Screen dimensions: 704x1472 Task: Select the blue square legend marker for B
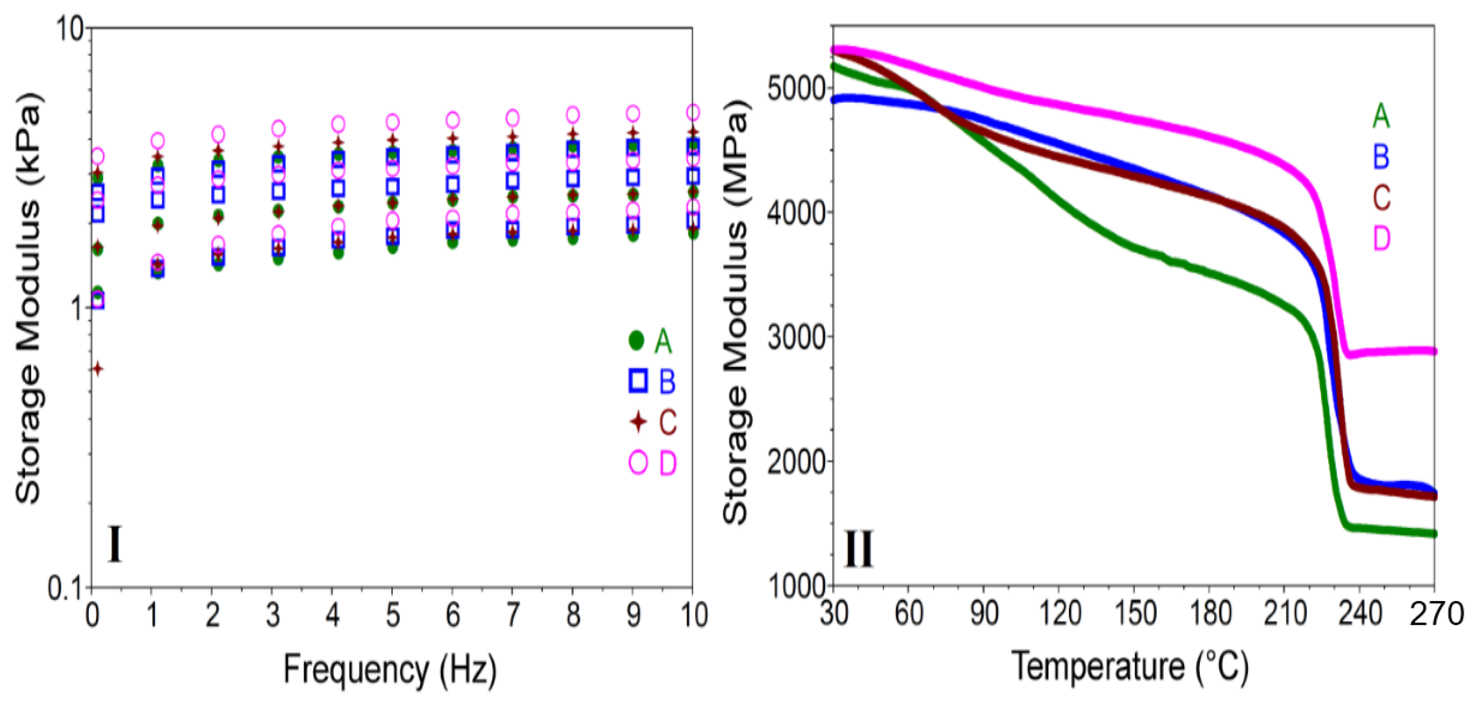(638, 381)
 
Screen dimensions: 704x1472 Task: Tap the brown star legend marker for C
(638, 422)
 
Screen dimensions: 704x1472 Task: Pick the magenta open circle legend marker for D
(638, 462)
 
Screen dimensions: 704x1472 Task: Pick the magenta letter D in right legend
(1381, 238)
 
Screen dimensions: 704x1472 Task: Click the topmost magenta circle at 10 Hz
(693, 112)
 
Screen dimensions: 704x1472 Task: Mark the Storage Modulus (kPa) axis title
(28, 297)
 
